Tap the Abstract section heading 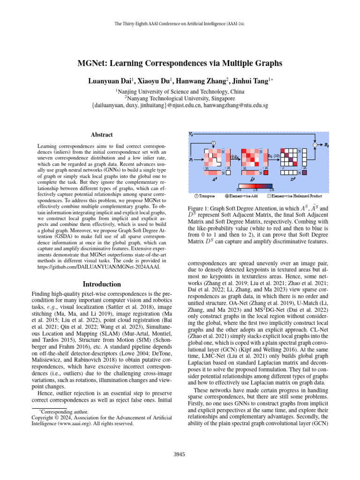(101, 135)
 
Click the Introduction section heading (101, 284)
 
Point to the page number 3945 (180, 454)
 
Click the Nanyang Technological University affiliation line (180, 98)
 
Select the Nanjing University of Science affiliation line (180, 91)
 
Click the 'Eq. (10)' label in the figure (274, 155)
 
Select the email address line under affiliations (180, 106)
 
